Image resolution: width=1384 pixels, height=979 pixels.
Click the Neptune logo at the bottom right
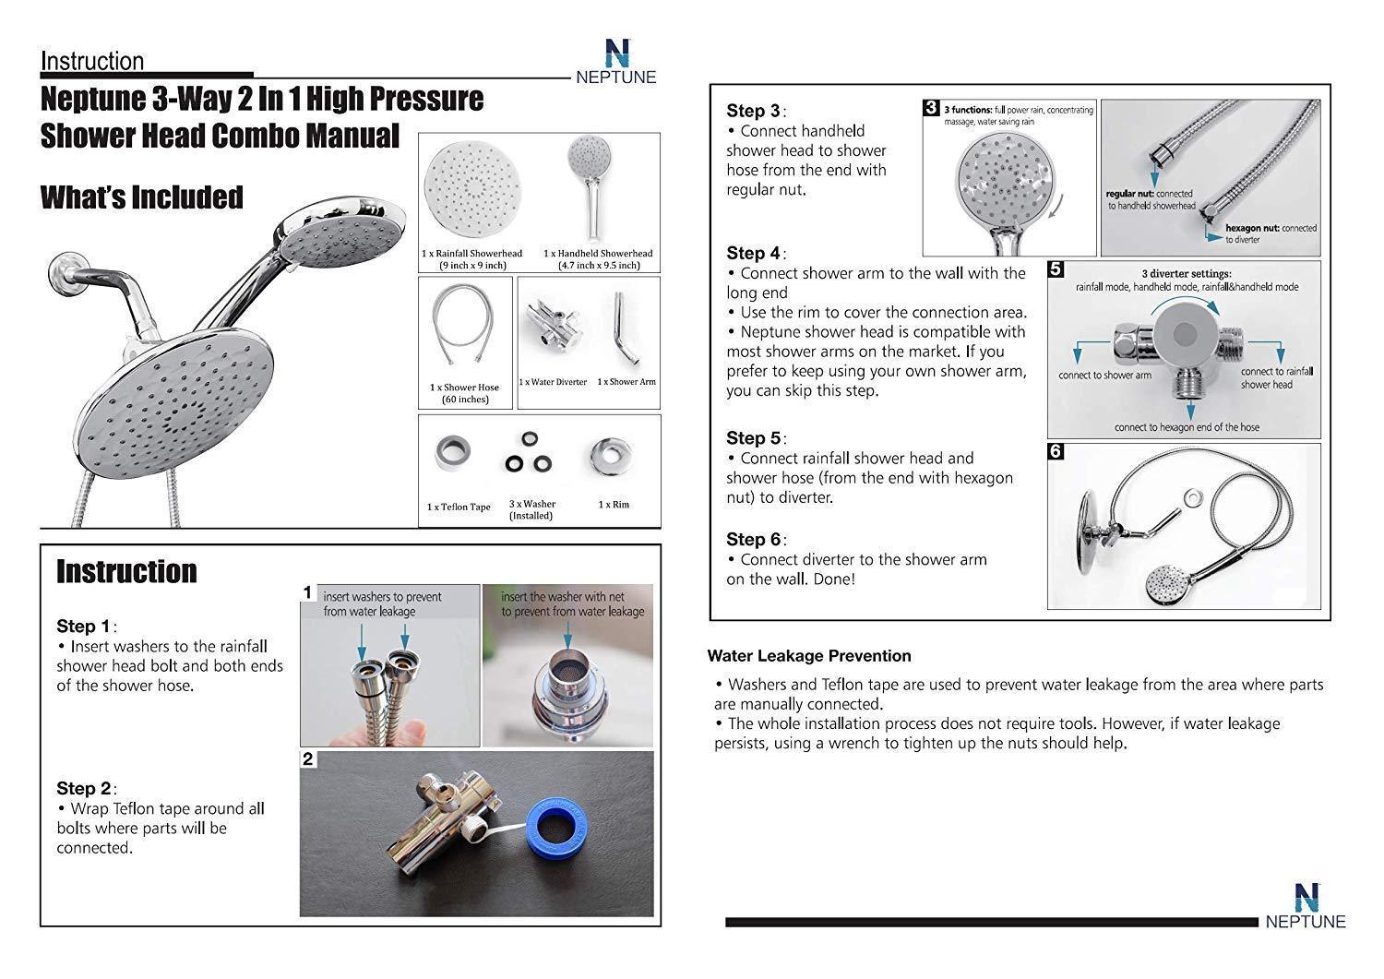(1305, 905)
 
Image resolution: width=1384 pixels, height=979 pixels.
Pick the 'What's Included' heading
(142, 197)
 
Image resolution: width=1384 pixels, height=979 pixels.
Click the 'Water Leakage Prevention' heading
(809, 656)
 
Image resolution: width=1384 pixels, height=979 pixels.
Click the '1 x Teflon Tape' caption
(459, 507)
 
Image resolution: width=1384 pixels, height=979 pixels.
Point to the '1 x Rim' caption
(614, 505)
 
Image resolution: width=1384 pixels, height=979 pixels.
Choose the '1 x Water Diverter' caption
(553, 382)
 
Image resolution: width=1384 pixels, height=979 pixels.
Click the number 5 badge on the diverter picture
(1056, 269)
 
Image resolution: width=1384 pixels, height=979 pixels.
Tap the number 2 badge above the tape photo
(308, 759)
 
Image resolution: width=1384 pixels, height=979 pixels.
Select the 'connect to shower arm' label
(1104, 376)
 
